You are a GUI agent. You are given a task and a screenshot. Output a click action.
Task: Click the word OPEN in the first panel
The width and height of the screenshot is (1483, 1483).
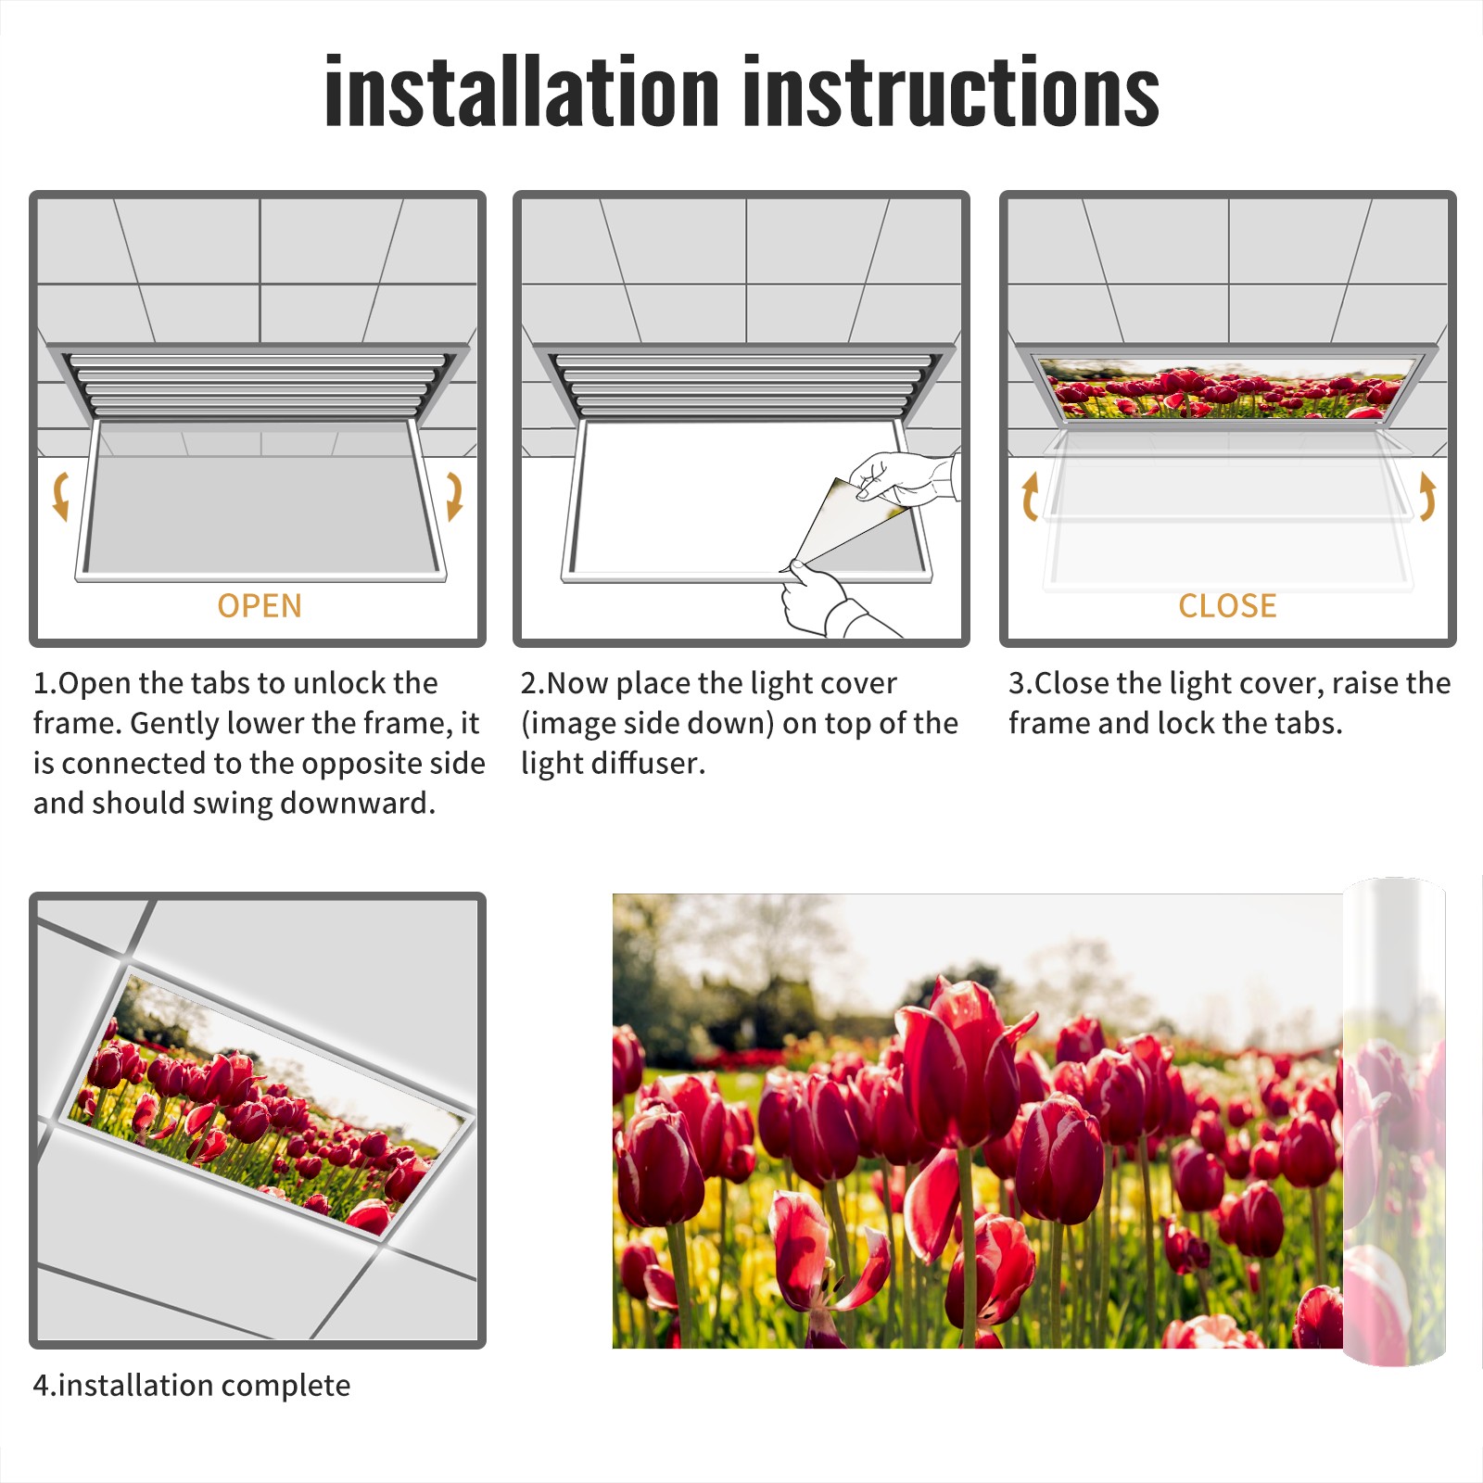(x=260, y=605)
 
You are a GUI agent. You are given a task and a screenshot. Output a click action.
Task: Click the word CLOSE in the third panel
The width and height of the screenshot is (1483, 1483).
(x=1227, y=605)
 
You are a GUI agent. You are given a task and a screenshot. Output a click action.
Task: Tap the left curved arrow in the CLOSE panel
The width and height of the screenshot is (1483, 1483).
(x=1029, y=497)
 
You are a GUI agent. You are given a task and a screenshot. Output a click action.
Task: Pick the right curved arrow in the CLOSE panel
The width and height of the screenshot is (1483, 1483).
(x=1427, y=497)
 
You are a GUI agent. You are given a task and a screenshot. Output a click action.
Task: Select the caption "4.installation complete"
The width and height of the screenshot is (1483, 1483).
(x=192, y=1386)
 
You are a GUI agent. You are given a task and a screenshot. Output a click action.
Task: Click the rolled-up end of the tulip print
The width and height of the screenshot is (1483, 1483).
(x=1394, y=1122)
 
